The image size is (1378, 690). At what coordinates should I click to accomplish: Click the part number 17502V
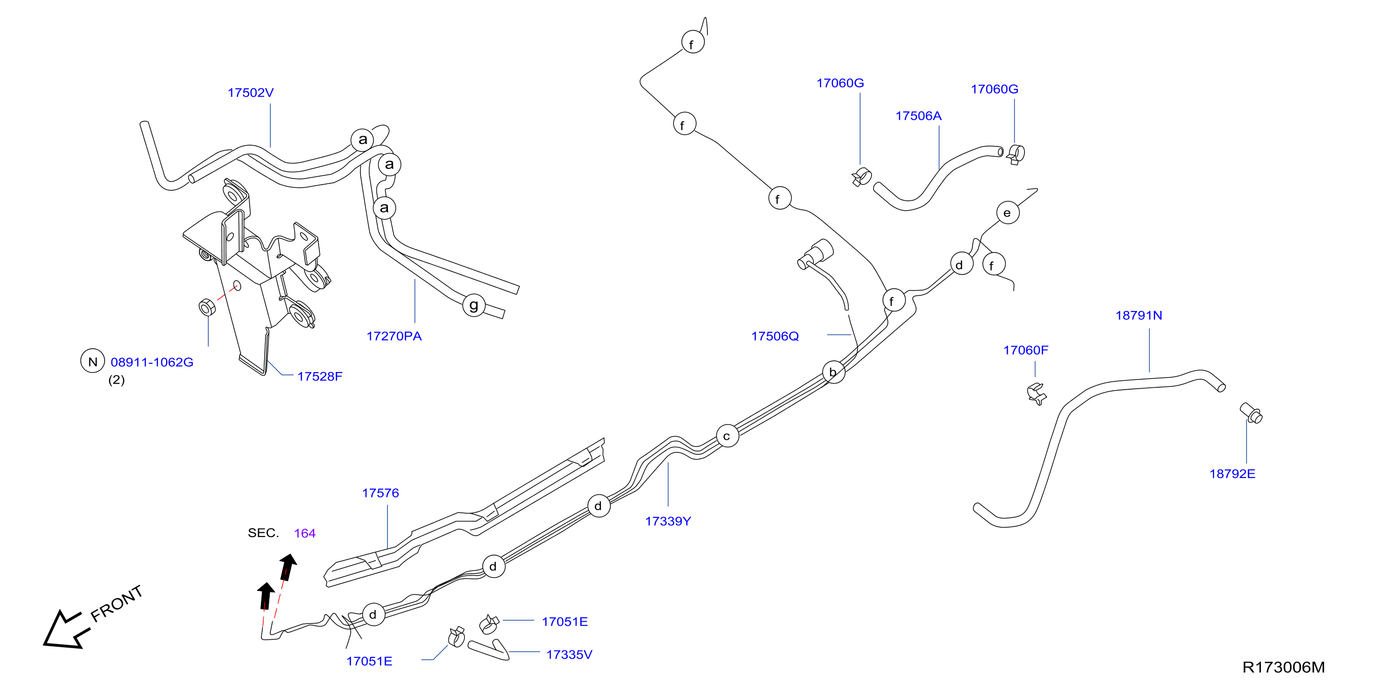[250, 93]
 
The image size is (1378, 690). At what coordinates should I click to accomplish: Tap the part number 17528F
[320, 376]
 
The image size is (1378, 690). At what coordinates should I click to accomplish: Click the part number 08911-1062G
[152, 362]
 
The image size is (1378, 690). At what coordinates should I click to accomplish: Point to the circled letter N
[93, 361]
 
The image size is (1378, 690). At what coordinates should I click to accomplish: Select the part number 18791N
[1138, 315]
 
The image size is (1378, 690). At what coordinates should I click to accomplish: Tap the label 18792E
[1232, 473]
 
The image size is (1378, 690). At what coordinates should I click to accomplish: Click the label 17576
[380, 493]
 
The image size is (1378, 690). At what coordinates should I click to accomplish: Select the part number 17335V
[569, 654]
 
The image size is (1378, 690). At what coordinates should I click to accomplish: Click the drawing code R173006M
[1283, 667]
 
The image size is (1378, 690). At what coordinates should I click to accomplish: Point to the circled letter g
[474, 305]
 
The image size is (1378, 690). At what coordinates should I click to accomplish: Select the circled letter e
[1008, 212]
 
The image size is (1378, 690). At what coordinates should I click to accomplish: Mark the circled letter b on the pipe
[833, 372]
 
